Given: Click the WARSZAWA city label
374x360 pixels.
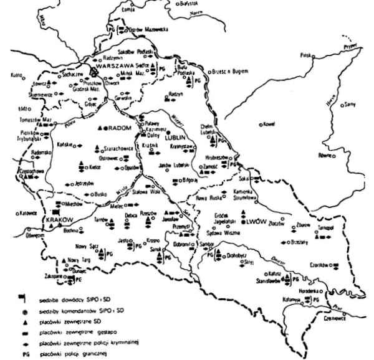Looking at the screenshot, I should (111, 70).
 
